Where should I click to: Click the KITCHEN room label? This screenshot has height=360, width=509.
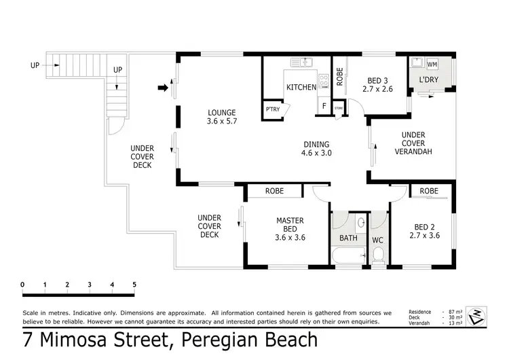coord(301,87)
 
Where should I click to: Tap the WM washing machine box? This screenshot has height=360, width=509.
coord(432,65)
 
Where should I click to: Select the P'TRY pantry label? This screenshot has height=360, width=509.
coord(273,109)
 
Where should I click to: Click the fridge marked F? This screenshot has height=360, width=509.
coord(324,105)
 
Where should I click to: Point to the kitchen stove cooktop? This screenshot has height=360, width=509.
coord(324,81)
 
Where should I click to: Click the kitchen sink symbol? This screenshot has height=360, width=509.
coord(301,62)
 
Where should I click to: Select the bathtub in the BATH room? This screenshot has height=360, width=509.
coord(349,255)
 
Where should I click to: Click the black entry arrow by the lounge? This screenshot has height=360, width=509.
coord(163,88)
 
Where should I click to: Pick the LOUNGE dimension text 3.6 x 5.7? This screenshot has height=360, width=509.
coord(222,121)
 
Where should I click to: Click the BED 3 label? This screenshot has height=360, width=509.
coord(377,81)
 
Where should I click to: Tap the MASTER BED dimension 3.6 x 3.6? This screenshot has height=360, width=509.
coord(290,238)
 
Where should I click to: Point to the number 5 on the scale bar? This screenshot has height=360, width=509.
coord(134,285)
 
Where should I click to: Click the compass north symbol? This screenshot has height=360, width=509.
coord(476,316)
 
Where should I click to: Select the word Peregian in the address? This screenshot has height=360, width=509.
coord(219,340)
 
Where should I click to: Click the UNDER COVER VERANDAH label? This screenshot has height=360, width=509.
coord(413,143)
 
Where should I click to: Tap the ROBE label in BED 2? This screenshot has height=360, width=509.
coord(429,191)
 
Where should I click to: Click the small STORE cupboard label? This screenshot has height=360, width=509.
coord(339,108)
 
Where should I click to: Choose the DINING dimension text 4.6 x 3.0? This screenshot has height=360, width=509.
coord(316,153)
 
